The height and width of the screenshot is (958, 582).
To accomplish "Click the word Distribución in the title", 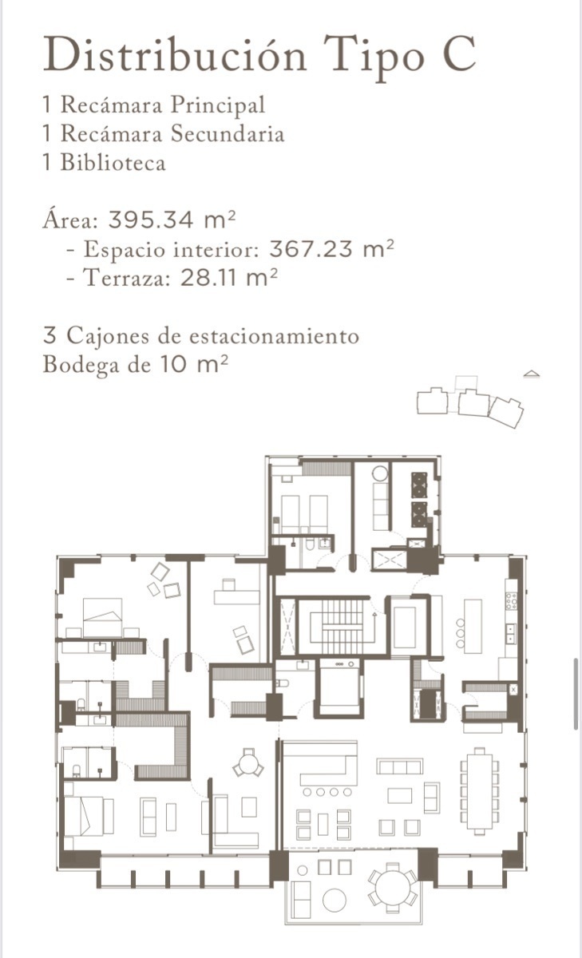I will (175, 56).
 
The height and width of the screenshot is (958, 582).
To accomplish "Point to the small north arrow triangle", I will (532, 374).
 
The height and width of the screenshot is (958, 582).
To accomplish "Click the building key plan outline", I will (470, 403).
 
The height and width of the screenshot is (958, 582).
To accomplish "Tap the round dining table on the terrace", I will (392, 885).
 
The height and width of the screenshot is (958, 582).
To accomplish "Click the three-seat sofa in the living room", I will (399, 766).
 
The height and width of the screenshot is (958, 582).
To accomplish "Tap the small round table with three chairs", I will (248, 766).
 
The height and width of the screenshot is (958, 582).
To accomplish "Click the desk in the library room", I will (236, 596).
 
